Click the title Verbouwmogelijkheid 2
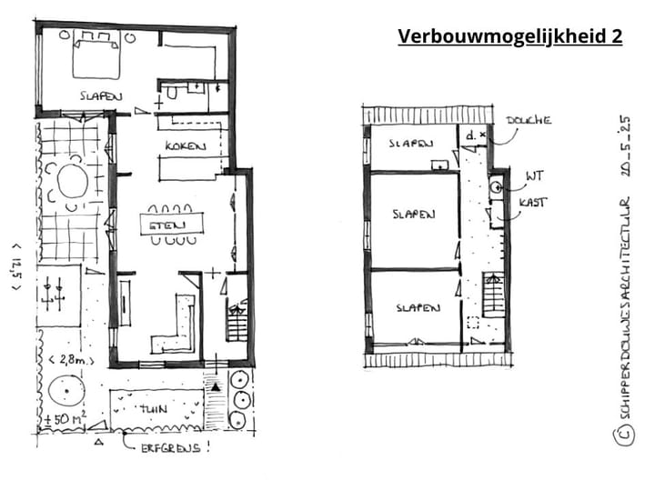[x=509, y=36]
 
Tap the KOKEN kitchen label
[x=185, y=147]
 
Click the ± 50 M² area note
[x=65, y=421]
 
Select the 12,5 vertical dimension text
[x=15, y=264]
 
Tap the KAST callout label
[x=532, y=202]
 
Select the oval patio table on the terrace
[x=71, y=183]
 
